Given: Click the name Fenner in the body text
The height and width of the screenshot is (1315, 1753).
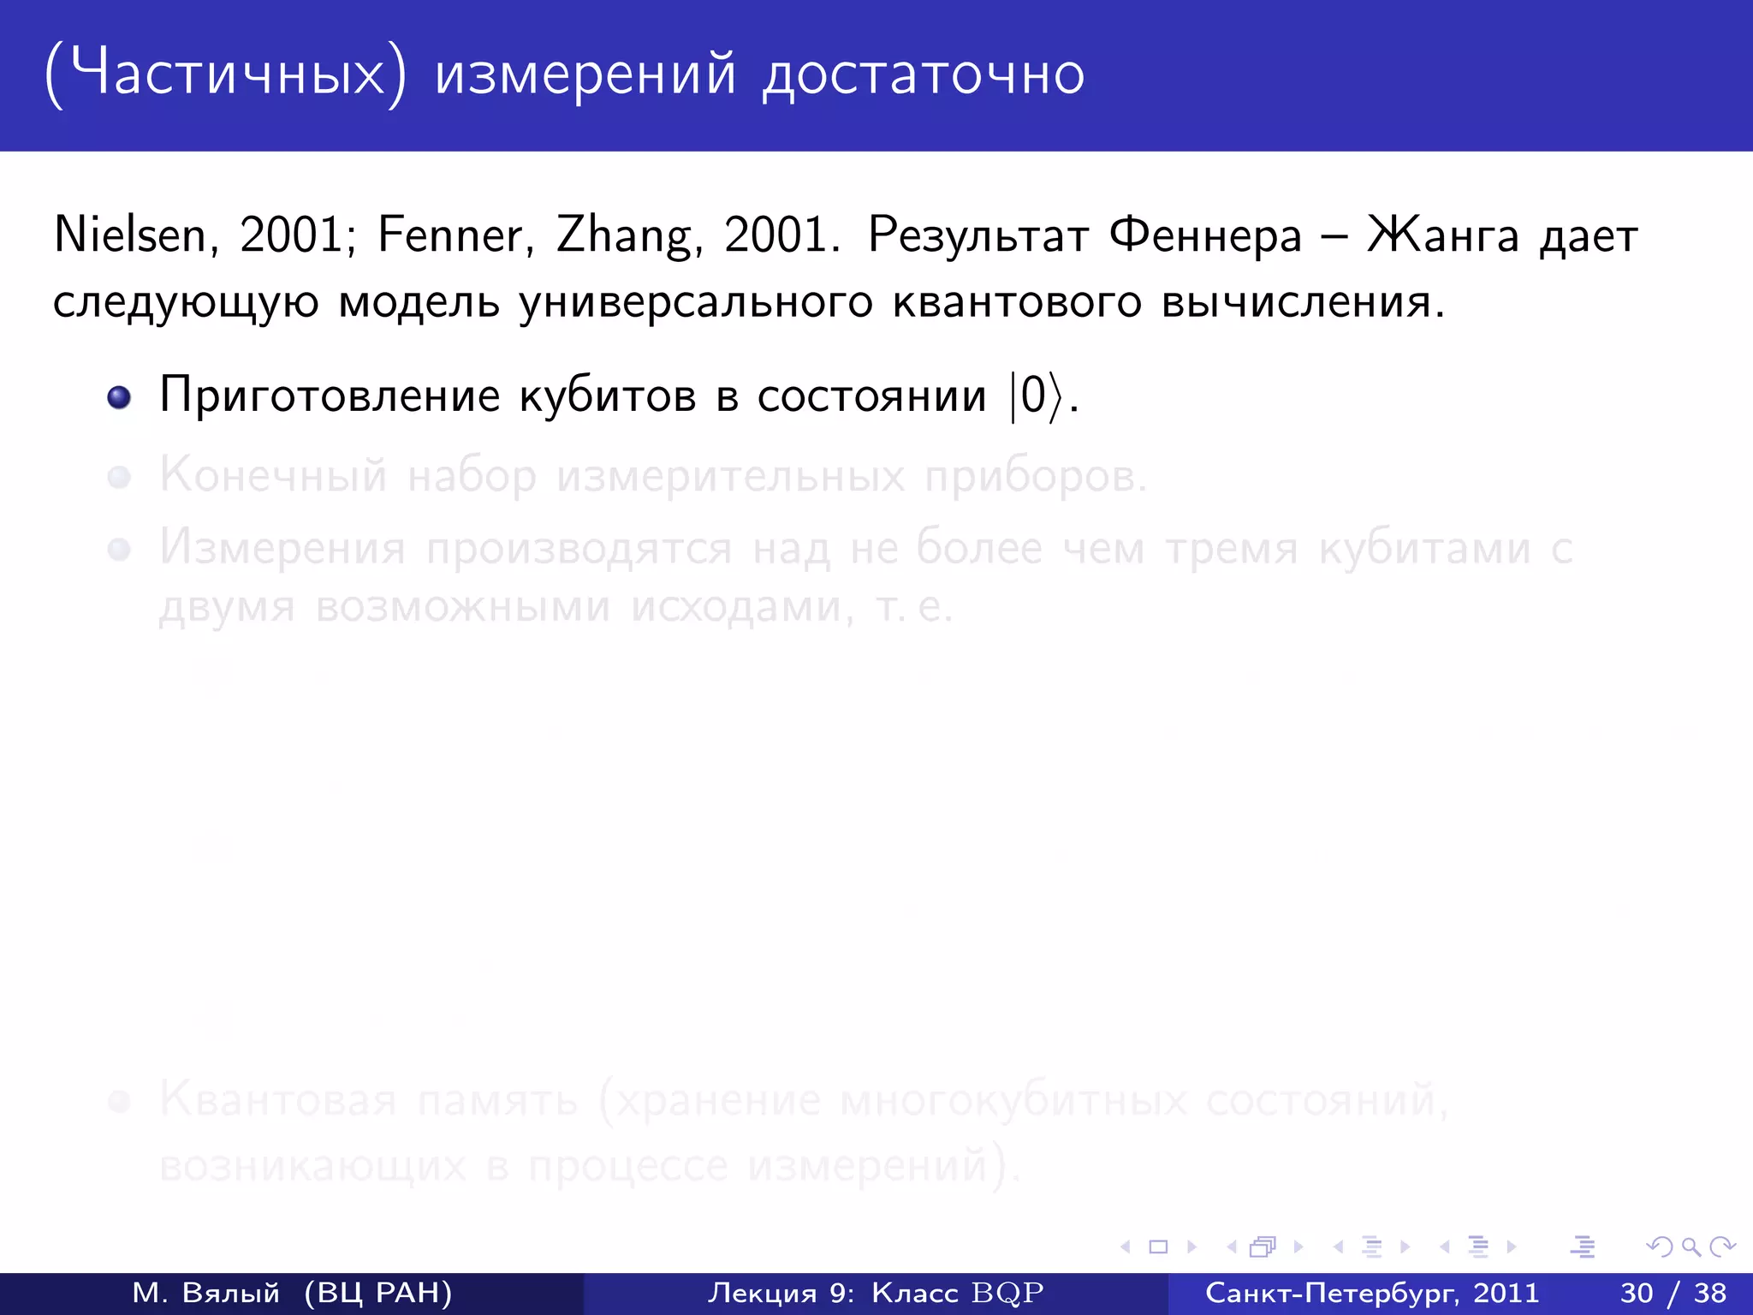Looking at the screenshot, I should coord(450,235).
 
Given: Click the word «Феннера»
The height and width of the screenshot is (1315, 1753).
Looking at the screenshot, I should coord(1205,235).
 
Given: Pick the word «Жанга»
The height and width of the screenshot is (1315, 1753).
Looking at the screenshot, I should coord(1443,235).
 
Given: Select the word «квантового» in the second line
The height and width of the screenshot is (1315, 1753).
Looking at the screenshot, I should coord(1017,301).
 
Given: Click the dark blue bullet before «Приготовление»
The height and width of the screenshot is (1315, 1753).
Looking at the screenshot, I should coord(119,397).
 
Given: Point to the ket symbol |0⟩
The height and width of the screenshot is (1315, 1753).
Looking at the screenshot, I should coord(1036,396).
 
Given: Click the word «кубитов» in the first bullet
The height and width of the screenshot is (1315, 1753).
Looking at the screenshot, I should coord(608,396).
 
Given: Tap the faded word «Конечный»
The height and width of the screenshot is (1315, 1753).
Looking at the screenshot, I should coord(273,474).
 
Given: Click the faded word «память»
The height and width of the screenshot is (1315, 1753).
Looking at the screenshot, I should coord(497,1099).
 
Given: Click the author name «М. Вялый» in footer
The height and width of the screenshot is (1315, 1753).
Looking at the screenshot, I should coord(205,1293).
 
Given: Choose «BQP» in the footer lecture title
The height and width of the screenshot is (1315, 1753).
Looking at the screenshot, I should coord(1007,1293).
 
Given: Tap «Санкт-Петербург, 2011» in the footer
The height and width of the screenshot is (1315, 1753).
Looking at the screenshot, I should coord(1372,1293).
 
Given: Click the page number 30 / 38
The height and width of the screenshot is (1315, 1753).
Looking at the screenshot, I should coord(1673,1293).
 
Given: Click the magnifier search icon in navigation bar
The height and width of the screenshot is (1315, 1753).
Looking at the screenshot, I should coord(1691,1247).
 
